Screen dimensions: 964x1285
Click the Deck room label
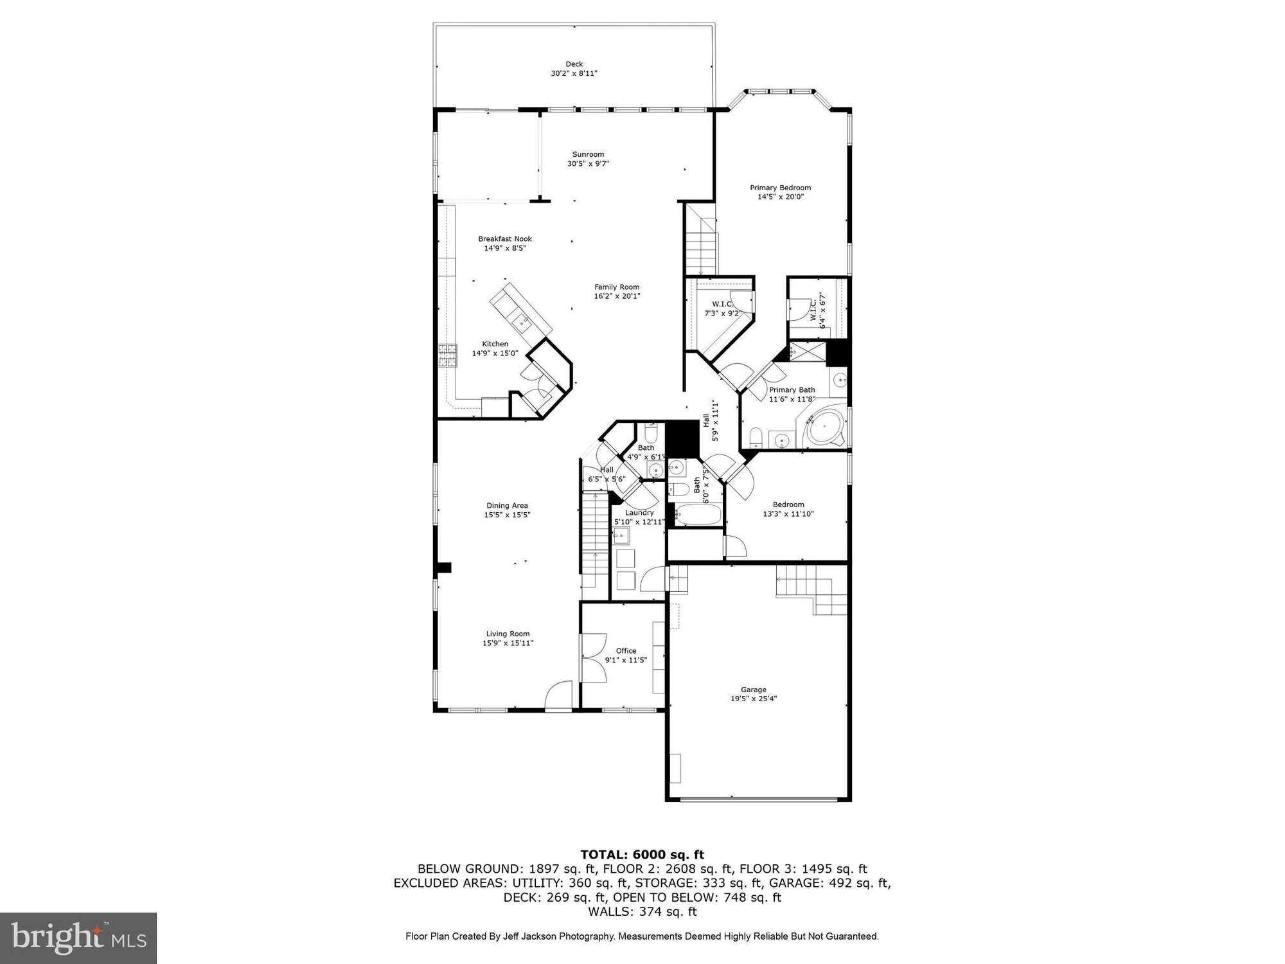[x=574, y=64]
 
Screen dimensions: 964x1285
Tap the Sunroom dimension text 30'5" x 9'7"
[x=588, y=164]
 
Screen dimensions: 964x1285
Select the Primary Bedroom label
[x=780, y=188]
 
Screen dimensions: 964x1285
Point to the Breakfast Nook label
[x=505, y=238]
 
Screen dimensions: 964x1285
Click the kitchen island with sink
[x=521, y=316]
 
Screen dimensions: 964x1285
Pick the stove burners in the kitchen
[x=447, y=355]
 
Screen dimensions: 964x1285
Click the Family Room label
[x=617, y=287]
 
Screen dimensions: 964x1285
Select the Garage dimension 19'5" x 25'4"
[x=754, y=699]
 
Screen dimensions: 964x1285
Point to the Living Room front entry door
[x=558, y=697]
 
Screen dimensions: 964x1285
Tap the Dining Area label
[x=507, y=506]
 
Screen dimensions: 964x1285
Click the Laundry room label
[x=639, y=512]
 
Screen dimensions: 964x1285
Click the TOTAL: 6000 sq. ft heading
[x=642, y=855]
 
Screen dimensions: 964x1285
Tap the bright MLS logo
[x=78, y=938]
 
